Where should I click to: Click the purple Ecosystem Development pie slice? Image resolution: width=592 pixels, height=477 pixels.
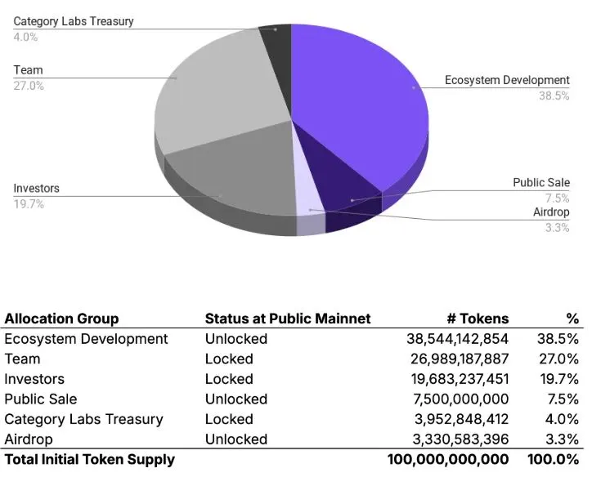[x=360, y=106]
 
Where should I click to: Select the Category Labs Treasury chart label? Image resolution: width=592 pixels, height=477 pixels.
[x=74, y=20]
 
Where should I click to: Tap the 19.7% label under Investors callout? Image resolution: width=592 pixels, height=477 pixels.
[x=29, y=204]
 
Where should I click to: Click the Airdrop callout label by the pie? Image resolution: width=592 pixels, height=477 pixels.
[x=551, y=212]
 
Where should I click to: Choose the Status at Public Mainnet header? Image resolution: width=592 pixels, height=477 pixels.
[x=287, y=319]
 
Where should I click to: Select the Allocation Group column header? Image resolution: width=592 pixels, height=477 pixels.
[x=61, y=319]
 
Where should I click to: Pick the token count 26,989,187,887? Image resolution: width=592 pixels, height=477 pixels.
[x=458, y=359]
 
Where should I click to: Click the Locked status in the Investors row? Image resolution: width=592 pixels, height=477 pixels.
[x=229, y=379]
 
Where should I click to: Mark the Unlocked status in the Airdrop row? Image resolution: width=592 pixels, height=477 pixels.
[x=235, y=439]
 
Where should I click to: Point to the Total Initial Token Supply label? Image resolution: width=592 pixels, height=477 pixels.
[x=89, y=459]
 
